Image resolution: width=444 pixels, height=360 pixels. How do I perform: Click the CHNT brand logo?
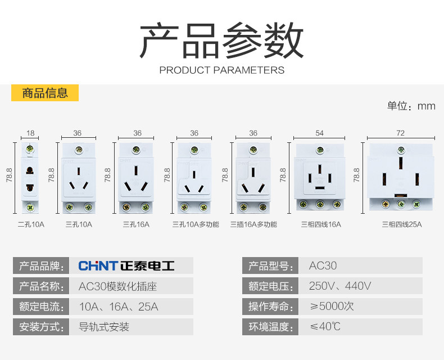[x=126, y=265]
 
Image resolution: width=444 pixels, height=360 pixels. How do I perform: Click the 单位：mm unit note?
[x=411, y=106]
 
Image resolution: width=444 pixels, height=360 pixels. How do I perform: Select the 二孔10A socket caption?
[x=31, y=224]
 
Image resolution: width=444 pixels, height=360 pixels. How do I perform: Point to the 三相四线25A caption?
[x=401, y=224]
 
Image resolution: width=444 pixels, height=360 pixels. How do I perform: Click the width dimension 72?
[x=400, y=133]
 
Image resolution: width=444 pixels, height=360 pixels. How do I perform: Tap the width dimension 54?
[x=319, y=133]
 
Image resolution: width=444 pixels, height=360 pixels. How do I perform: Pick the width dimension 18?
[x=30, y=133]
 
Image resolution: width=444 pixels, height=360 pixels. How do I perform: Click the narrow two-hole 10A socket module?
[x=30, y=177]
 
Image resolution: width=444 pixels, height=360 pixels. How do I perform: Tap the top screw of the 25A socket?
[x=401, y=150]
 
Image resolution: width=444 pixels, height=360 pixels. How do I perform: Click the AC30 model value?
[x=323, y=265]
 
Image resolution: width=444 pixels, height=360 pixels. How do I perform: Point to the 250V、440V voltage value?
[x=340, y=286]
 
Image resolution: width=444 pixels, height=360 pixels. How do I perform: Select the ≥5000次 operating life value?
[x=332, y=307]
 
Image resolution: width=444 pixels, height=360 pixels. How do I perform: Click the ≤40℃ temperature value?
[x=325, y=327]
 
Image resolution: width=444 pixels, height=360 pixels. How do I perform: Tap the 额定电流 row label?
[x=40, y=307]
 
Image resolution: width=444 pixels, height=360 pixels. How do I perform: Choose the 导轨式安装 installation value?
[x=104, y=327]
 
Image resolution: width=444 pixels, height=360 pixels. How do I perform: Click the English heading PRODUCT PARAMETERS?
[x=222, y=70]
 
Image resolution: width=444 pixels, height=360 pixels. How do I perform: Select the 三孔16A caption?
[x=135, y=224]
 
